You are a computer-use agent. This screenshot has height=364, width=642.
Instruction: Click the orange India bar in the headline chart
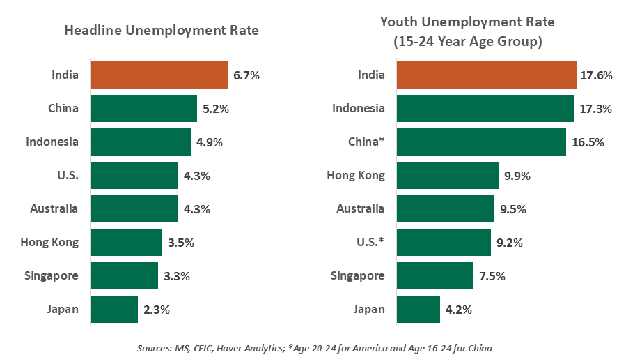point(159,75)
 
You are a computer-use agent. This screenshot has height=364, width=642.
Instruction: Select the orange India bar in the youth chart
point(487,75)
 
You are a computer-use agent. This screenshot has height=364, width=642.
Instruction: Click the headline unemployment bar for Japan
point(114,310)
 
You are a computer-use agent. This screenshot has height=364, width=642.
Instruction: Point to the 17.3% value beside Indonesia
point(596,109)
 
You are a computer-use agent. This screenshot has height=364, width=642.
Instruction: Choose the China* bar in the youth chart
point(481,142)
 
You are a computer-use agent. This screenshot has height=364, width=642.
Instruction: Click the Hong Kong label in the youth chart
point(356,176)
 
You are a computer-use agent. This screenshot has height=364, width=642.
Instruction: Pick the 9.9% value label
point(517,176)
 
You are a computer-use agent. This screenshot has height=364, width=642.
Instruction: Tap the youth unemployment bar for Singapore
point(435,276)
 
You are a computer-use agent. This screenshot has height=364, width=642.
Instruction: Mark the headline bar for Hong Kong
point(126,243)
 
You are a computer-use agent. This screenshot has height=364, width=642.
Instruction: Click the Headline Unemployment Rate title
point(162,31)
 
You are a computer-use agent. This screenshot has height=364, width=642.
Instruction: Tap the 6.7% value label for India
point(246,75)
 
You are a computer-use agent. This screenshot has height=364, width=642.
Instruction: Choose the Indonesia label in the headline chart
point(52,142)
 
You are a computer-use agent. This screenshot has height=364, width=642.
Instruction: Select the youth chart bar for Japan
point(418,310)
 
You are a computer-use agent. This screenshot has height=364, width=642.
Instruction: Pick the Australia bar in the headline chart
point(134,209)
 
